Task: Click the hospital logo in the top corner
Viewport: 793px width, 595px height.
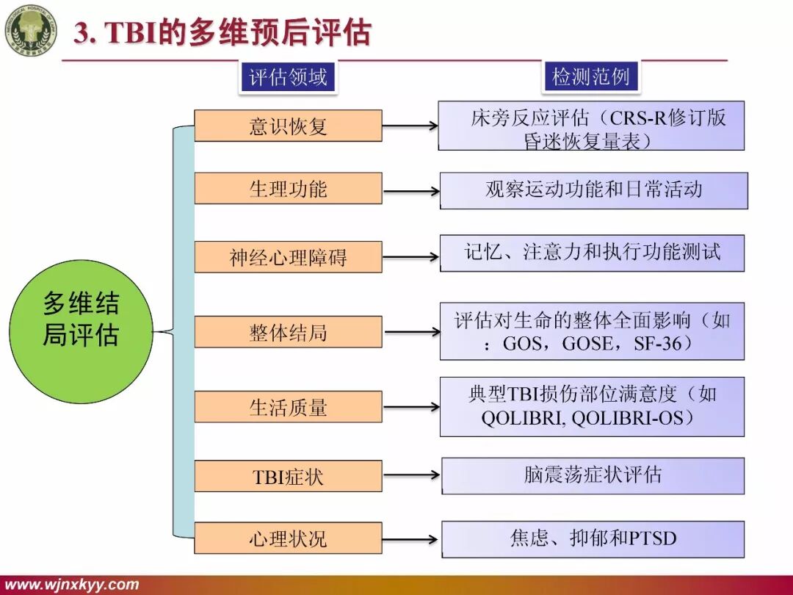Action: [x=31, y=30]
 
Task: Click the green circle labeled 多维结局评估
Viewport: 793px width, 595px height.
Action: [x=81, y=321]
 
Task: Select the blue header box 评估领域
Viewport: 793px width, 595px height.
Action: [x=288, y=76]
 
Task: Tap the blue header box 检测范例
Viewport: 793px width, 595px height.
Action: [x=591, y=76]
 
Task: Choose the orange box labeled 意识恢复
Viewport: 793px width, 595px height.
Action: [x=288, y=126]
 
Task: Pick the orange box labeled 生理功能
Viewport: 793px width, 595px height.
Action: [x=288, y=189]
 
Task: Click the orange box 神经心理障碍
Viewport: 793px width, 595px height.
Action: [x=288, y=257]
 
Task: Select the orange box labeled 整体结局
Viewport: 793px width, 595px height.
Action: [x=288, y=332]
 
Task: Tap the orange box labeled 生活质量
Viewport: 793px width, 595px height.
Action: [x=288, y=407]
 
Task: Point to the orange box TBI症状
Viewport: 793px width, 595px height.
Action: [x=288, y=476]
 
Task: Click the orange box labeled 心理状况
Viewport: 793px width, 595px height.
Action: [x=288, y=538]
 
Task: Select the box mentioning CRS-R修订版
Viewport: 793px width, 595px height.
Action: [x=591, y=126]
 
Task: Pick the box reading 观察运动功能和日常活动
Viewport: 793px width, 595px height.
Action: [x=593, y=190]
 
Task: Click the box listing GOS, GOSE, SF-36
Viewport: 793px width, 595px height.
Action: [x=592, y=331]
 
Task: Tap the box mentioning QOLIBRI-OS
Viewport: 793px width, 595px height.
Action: [x=592, y=406]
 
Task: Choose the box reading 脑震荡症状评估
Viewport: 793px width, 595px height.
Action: [x=593, y=475]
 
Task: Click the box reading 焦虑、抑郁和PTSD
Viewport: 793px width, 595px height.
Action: [x=593, y=538]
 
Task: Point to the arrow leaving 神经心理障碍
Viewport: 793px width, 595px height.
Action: [x=410, y=258]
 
